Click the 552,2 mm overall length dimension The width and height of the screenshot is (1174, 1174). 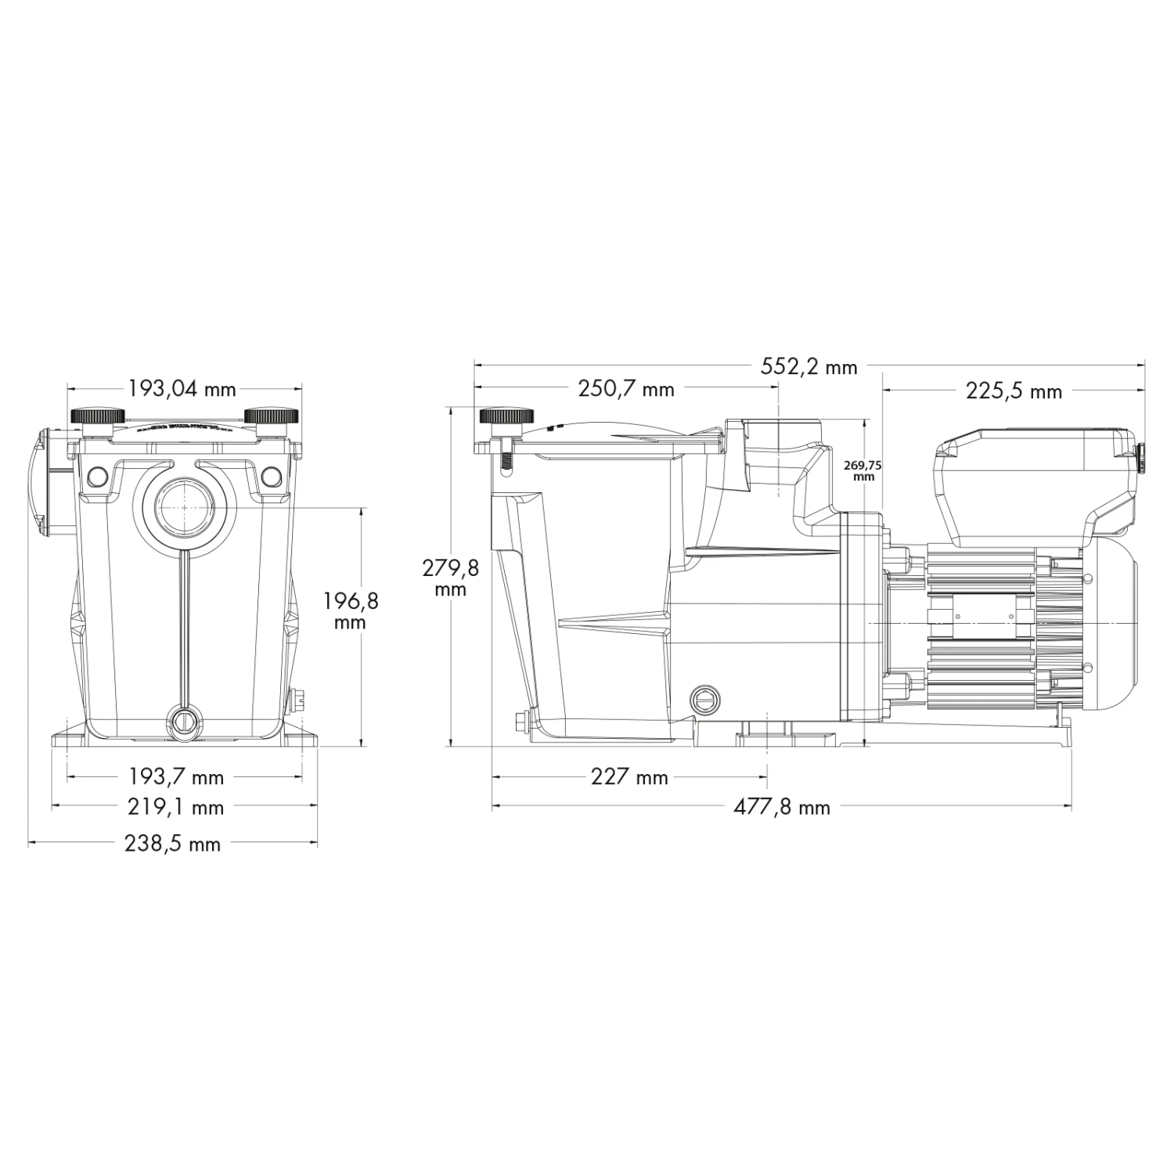point(808,366)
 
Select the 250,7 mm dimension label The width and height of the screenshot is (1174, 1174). point(625,389)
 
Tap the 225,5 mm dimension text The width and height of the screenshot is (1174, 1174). point(1014,391)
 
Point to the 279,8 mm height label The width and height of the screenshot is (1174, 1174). point(450,578)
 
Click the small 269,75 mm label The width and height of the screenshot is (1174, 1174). point(862,470)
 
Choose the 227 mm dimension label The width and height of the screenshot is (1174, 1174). point(629,776)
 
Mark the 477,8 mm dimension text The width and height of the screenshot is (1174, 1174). point(781,807)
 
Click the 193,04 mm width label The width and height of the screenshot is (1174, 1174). point(182,389)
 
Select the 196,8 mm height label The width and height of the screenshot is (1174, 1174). point(350,610)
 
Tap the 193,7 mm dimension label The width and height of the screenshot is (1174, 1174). point(176,777)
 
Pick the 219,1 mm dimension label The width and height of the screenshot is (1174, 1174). point(176,807)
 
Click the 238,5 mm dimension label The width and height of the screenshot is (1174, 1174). point(173,844)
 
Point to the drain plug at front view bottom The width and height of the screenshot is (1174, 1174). point(182,718)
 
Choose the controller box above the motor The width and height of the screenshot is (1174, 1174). point(1033,481)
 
